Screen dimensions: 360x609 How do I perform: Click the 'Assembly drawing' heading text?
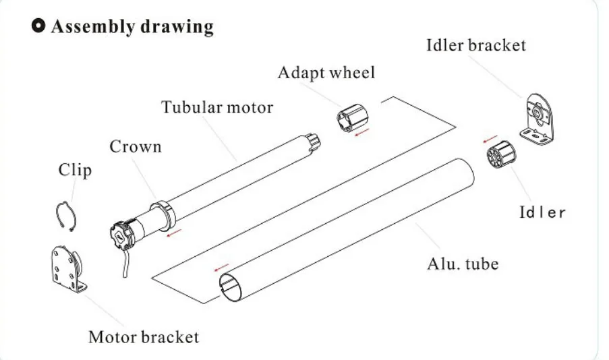coord(132,27)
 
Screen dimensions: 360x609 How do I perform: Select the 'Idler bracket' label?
coord(475,46)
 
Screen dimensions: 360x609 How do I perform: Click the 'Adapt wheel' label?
coord(326,72)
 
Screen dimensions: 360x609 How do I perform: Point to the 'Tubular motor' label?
coord(217,107)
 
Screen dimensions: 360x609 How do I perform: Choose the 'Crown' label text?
coord(136,146)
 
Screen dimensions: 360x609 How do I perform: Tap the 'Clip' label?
coord(74,169)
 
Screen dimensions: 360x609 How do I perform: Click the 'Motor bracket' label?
coord(144,336)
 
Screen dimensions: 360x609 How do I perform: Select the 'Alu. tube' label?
coord(463,262)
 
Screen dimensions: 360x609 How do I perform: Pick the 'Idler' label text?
coord(542,212)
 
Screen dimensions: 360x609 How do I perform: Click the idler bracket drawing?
coord(541,118)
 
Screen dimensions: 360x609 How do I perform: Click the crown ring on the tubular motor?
coord(166,212)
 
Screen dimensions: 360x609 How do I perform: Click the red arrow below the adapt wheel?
coord(364,131)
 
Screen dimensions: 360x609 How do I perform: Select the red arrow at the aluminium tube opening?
coord(221,268)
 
